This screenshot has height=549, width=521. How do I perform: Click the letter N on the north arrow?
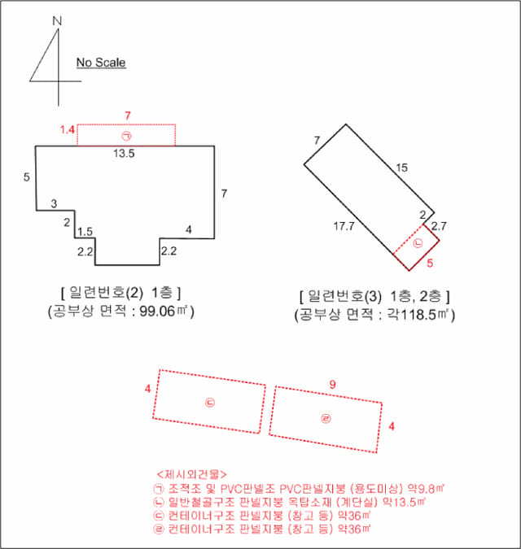click(57, 21)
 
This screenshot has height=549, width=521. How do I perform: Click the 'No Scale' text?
click(101, 63)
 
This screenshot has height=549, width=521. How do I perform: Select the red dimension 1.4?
click(67, 130)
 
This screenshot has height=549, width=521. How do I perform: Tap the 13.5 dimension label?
click(124, 154)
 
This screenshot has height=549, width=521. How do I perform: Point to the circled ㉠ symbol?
click(126, 136)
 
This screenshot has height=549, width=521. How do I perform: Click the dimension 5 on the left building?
click(27, 177)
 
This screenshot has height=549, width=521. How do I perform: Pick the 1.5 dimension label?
click(85, 232)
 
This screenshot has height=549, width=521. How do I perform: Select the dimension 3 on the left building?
click(54, 203)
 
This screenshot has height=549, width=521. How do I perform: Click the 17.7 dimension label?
click(344, 226)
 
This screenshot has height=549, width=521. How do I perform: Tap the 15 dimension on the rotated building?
click(402, 168)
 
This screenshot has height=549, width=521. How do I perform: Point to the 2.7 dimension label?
click(439, 226)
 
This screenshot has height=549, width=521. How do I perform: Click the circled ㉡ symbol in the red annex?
click(418, 243)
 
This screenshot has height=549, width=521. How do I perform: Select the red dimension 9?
click(332, 385)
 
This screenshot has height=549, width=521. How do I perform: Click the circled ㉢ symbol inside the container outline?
click(210, 403)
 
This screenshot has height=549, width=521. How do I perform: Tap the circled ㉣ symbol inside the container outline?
click(326, 418)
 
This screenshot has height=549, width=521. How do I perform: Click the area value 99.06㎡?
click(164, 311)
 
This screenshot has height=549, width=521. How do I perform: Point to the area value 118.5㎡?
click(418, 315)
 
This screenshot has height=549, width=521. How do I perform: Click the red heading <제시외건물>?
click(191, 475)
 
